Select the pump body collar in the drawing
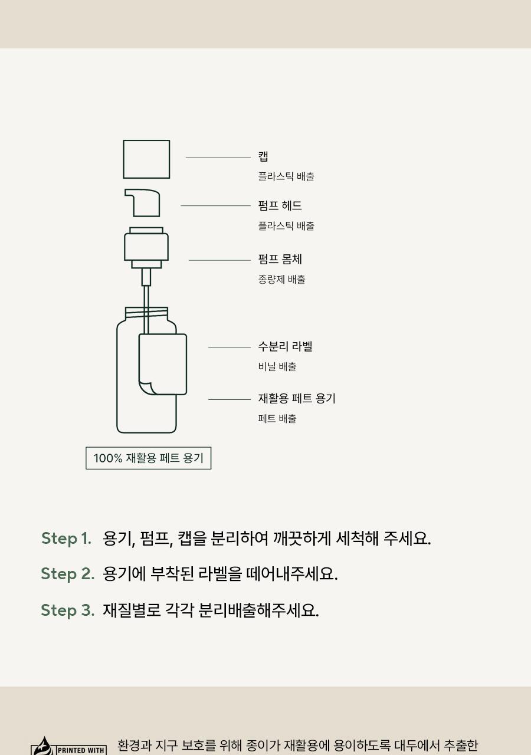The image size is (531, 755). [x=146, y=248]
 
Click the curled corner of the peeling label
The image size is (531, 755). [x=146, y=388]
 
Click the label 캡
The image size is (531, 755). [x=263, y=156]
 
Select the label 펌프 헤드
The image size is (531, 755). [x=280, y=205]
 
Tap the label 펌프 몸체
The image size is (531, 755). [x=280, y=259]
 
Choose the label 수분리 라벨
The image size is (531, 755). [x=285, y=346]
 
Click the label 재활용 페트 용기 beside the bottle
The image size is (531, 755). [x=297, y=398]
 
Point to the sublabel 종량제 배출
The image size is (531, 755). [x=281, y=279]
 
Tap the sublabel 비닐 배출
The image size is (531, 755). [x=277, y=366]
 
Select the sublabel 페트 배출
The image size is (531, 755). [x=277, y=418]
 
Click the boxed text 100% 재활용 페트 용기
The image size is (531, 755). [x=148, y=458]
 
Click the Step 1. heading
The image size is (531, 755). [x=66, y=538]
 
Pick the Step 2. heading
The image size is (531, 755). [x=67, y=573]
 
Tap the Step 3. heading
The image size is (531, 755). [x=67, y=610]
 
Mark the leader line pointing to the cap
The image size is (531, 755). [x=218, y=157]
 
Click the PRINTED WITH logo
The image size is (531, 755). [x=68, y=746]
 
